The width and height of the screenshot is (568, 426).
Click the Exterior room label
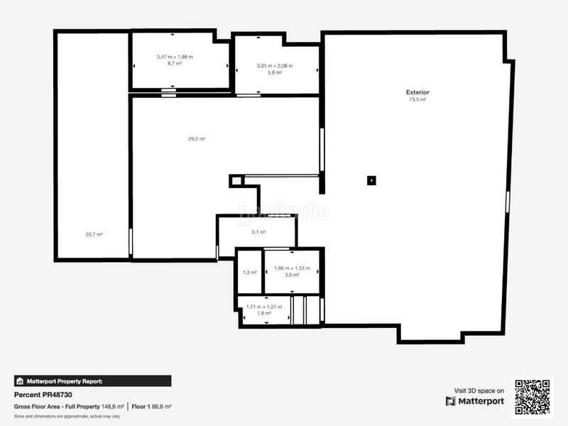417,92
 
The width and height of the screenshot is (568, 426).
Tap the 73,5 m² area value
417,100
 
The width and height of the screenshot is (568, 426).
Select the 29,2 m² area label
197,139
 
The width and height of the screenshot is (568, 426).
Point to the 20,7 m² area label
94,234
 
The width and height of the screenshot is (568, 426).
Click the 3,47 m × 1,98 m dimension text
175,57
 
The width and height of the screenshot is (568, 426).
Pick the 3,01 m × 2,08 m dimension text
275,66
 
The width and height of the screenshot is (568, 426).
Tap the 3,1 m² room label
258,231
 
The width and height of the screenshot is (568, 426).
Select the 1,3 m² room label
249,272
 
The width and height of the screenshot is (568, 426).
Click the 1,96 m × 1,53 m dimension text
292,268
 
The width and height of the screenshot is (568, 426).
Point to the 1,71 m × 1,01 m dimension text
264,307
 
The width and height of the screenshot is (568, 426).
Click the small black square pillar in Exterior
371,180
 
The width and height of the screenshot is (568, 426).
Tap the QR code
533,395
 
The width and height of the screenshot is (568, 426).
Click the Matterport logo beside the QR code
475,401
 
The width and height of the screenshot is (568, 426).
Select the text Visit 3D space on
479,390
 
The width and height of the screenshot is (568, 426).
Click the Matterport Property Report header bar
92,381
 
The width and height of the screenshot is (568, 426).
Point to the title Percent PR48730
43,394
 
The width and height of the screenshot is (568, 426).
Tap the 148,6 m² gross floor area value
112,407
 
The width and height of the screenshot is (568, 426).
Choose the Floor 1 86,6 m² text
151,407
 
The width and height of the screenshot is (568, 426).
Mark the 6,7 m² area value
175,63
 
